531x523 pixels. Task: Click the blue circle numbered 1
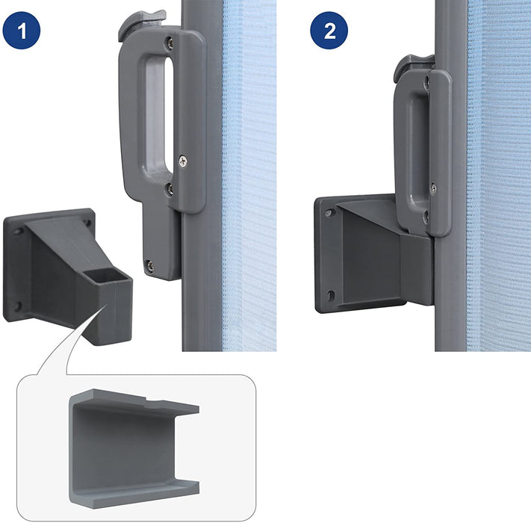pos(22,31)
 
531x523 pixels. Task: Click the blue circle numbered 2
pos(329,31)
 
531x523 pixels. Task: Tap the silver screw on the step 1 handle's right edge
pos(183,161)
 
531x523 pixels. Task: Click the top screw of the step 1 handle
pos(170,43)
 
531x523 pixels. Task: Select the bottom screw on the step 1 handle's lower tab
pos(149,266)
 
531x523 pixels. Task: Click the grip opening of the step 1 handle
pos(158,114)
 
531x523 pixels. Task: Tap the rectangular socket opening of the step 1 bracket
pos(107,275)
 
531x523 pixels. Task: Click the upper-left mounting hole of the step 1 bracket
pos(19,232)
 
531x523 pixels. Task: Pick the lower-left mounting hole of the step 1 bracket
pos(17,306)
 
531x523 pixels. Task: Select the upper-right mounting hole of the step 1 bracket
pos(88,223)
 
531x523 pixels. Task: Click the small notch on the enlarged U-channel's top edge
pos(154,400)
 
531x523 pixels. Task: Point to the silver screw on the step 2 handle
pos(433,189)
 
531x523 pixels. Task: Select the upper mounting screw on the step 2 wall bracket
pos(329,214)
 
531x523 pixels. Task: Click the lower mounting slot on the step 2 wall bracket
pos(331,295)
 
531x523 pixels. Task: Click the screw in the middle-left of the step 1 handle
pos(170,190)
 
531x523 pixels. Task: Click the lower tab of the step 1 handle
pos(161,241)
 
